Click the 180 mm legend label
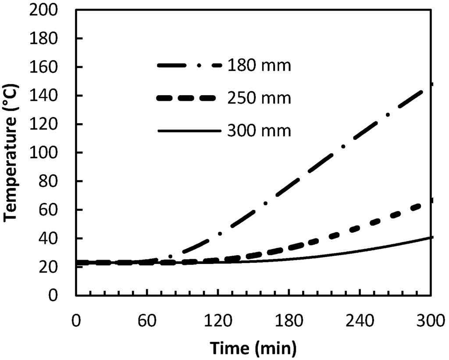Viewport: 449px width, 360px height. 259,67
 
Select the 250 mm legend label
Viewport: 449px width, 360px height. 259,98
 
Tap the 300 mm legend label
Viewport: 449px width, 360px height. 259,130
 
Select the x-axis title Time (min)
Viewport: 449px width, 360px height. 253,348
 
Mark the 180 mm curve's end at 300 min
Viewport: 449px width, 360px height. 431,84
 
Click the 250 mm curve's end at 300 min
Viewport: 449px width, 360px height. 431,200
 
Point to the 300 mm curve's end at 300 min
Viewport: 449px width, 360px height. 431,237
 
